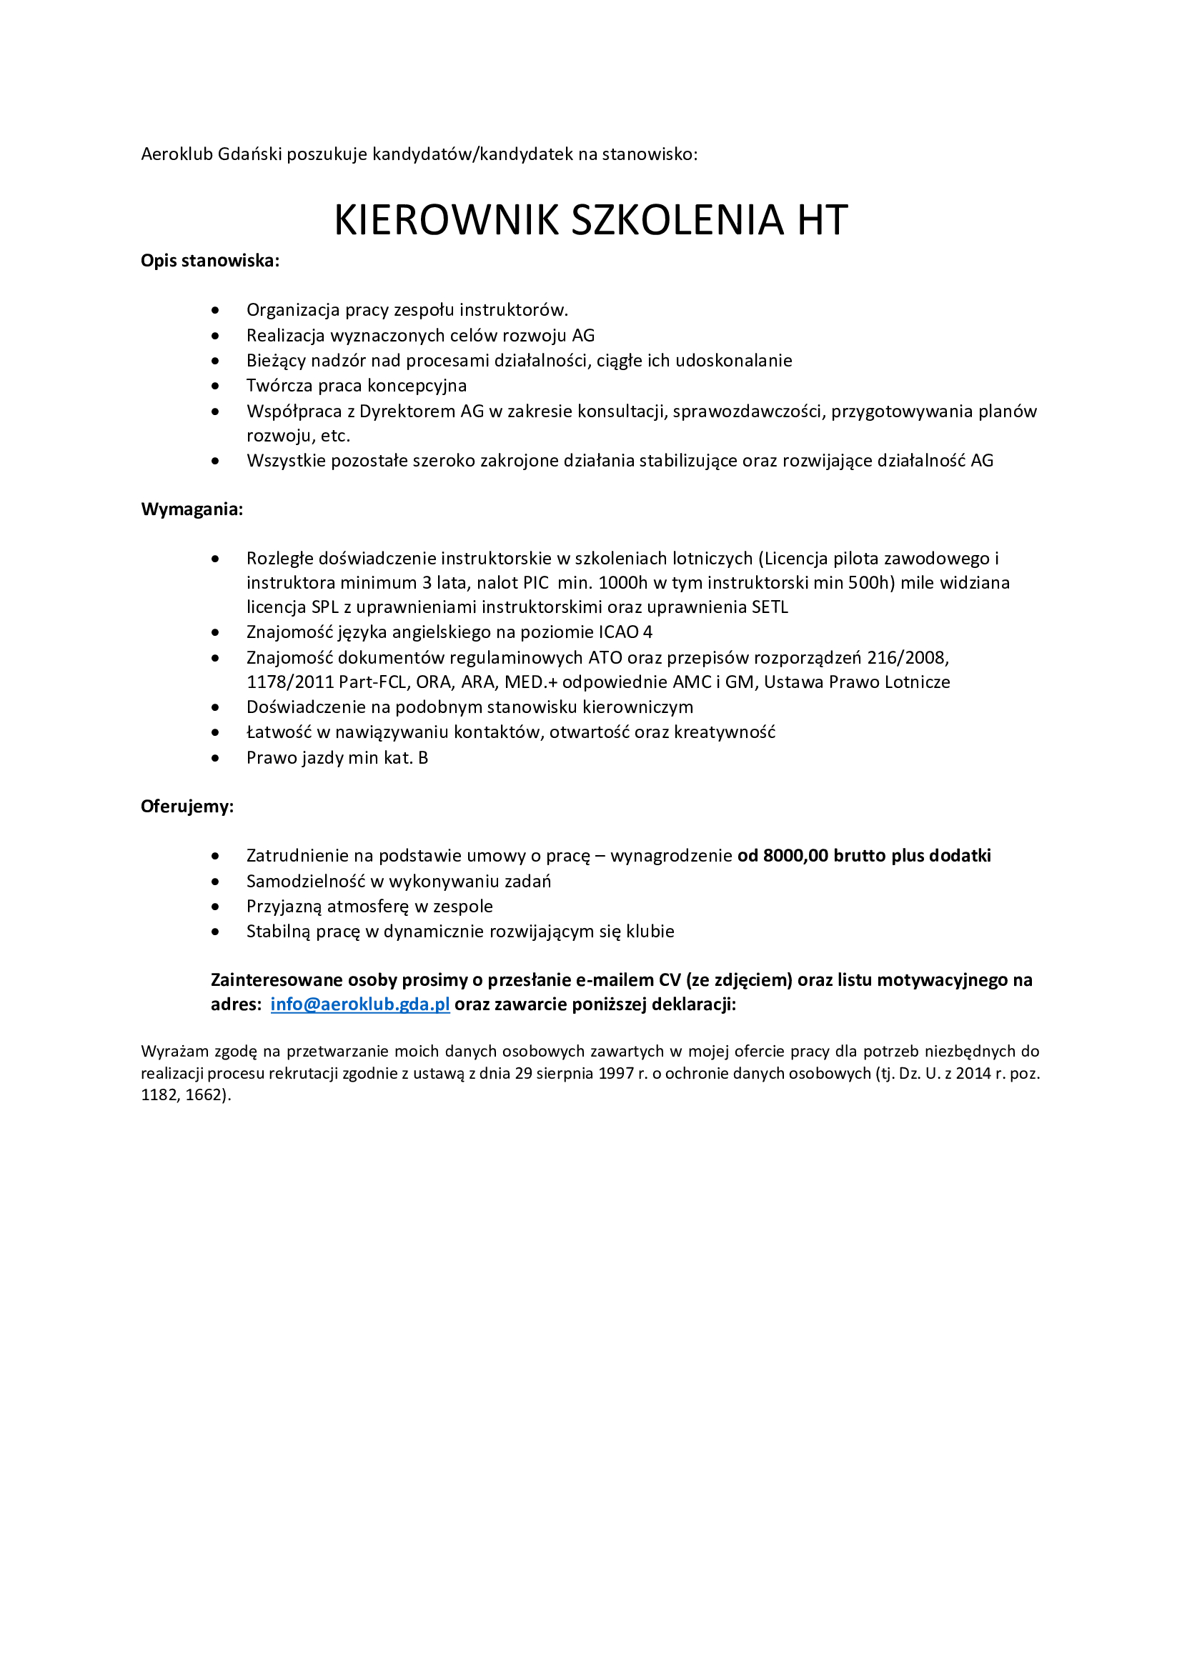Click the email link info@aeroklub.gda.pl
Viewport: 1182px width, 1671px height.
click(359, 1004)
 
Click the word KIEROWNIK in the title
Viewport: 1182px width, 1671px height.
click(445, 220)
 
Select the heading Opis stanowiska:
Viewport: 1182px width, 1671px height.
click(209, 261)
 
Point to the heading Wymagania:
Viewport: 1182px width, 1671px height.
click(192, 509)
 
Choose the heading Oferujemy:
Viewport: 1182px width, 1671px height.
click(187, 807)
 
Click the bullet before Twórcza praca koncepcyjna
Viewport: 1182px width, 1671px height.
click(215, 386)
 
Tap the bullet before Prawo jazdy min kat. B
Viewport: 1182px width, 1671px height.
click(215, 759)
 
